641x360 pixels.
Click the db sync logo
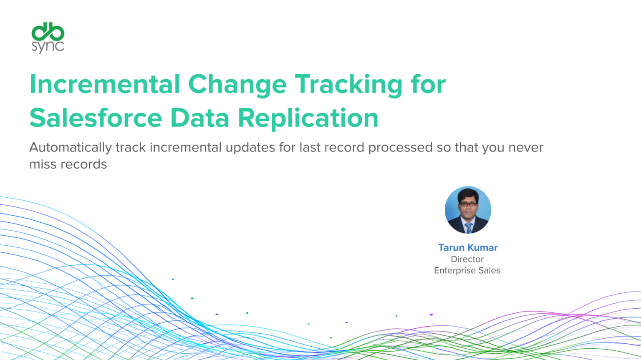[x=48, y=38]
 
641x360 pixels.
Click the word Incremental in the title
[x=105, y=84]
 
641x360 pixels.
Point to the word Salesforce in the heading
[x=96, y=118]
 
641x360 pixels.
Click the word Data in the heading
[x=200, y=118]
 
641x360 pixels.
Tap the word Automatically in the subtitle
[x=71, y=148]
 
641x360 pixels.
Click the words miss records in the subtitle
[x=68, y=164]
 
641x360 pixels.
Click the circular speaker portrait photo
[x=468, y=209]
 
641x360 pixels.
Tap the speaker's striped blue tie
[x=469, y=228]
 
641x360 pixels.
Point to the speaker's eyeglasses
[x=468, y=204]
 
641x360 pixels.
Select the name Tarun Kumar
[x=468, y=248]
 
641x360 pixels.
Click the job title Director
[x=467, y=259]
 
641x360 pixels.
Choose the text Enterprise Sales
[x=467, y=270]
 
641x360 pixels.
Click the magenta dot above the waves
[x=431, y=315]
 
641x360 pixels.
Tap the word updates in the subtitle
[x=250, y=148]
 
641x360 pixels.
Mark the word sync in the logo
[x=48, y=47]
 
